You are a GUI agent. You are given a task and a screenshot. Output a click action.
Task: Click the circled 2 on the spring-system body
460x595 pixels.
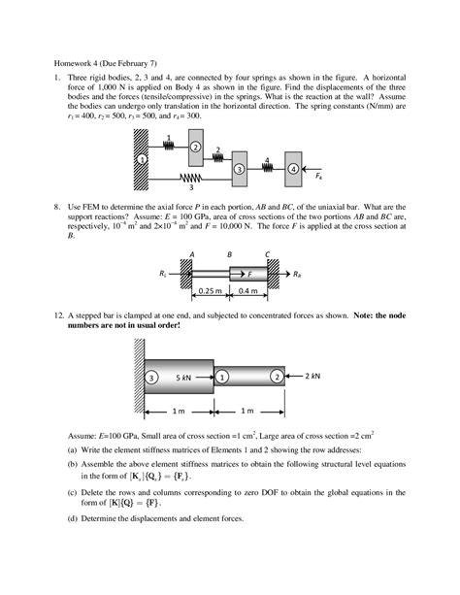[196, 147]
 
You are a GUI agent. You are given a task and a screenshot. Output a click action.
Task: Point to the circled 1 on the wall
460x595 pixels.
[142, 158]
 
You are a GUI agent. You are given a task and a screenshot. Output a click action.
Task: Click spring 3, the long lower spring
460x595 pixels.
[191, 178]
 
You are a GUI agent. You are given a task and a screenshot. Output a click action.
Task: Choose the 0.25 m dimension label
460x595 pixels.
[210, 290]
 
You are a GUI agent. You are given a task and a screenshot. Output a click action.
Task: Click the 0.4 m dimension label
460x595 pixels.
[247, 290]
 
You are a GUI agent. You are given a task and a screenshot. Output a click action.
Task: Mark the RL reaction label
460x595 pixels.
[163, 276]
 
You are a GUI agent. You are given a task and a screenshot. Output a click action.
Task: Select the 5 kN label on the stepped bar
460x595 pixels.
[187, 376]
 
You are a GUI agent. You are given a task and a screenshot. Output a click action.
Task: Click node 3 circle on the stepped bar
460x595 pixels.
[149, 376]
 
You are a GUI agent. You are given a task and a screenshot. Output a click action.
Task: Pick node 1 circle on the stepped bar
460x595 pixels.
[222, 376]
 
